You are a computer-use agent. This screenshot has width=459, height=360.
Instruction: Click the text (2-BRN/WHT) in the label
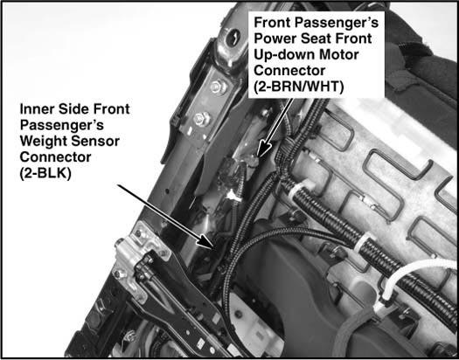[299, 87]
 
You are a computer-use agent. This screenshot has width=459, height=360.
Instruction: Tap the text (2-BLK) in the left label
[45, 174]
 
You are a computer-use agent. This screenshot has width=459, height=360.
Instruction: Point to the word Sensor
[95, 142]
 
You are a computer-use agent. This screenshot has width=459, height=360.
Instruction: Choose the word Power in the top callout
[275, 38]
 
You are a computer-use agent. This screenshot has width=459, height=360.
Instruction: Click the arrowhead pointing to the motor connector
[264, 149]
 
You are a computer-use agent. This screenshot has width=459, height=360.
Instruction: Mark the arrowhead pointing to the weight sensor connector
[207, 241]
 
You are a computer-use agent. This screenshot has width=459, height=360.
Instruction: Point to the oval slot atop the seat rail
[233, 38]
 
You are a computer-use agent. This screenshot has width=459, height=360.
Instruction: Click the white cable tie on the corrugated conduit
[363, 241]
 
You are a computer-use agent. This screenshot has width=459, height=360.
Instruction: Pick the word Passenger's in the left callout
[62, 126]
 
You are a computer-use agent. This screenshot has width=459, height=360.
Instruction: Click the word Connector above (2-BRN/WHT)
[289, 71]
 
